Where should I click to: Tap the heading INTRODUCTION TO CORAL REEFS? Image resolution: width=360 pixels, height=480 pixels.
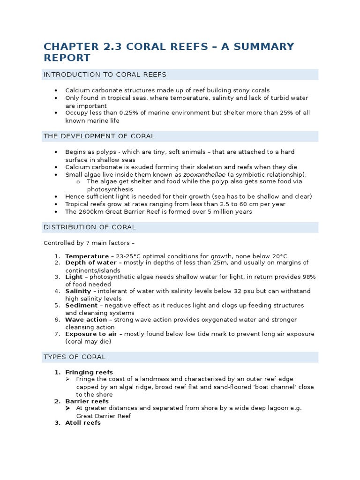105,75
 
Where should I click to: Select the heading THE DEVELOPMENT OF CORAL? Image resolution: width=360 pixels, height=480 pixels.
99,136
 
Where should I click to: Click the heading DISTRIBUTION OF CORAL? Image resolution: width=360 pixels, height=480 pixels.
90,227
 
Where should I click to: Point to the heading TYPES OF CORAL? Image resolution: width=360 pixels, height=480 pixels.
75,357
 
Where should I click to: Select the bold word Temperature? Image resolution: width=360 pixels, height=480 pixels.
87,256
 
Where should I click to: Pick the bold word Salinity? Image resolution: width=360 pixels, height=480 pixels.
78,291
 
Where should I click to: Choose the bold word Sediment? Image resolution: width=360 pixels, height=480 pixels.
81,306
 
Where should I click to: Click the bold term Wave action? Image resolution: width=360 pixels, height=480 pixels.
86,320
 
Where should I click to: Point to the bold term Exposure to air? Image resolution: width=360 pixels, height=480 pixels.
91,334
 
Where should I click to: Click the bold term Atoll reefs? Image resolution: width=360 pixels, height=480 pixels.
83,423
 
